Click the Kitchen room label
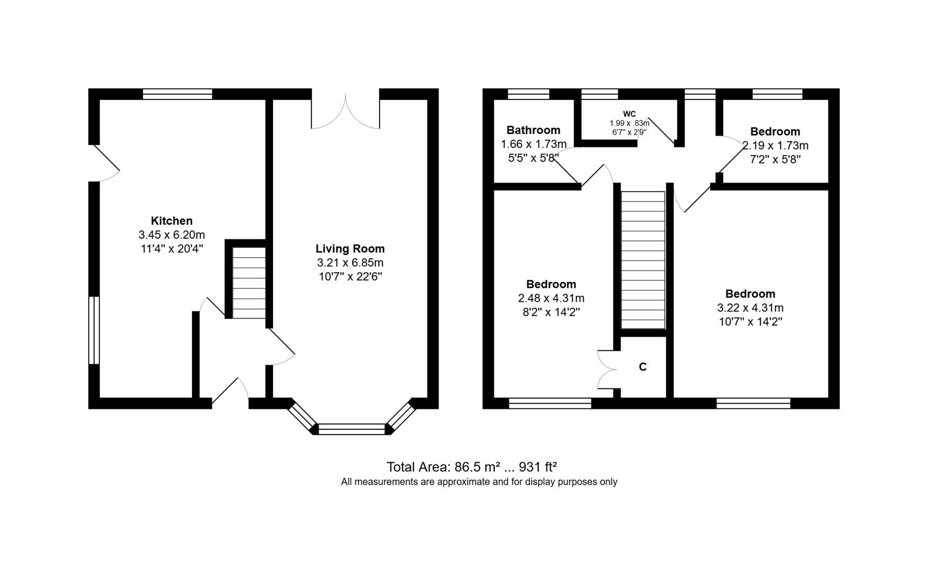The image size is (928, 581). point(172,221)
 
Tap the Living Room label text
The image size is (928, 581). point(350,249)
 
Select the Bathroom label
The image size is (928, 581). point(533,130)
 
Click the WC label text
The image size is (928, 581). point(629,114)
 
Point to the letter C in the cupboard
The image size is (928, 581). point(643,367)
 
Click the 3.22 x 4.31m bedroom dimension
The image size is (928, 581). point(750,308)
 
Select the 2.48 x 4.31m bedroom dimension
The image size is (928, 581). point(551,298)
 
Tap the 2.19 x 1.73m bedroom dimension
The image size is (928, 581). point(775,145)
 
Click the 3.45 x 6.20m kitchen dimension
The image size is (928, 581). point(172,235)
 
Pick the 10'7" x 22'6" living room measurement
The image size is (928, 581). point(350,277)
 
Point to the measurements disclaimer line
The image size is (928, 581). point(479,482)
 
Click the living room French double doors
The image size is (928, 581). point(345,112)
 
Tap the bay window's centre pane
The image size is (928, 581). point(352,429)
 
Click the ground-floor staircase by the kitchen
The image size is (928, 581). point(249,287)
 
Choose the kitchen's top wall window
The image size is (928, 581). point(177,94)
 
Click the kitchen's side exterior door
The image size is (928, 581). point(105,163)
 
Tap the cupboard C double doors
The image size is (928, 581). point(606,369)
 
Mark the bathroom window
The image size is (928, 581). point(529,94)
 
